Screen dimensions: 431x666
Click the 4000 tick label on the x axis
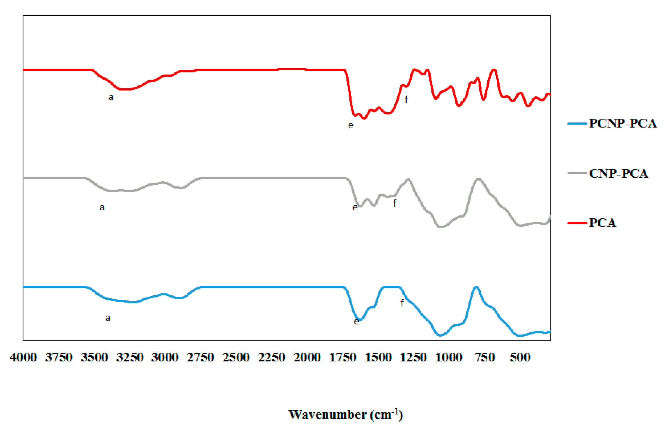[x=23, y=357]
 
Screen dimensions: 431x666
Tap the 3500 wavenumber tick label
[x=94, y=357]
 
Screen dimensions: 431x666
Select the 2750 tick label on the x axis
[x=200, y=357]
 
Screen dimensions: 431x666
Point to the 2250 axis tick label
[x=271, y=357]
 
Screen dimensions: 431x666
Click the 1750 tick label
[x=343, y=357]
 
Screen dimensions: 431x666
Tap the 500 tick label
[x=520, y=357]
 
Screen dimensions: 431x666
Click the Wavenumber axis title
[x=346, y=414]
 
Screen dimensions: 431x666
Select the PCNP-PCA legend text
[x=623, y=124]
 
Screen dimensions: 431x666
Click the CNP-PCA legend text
[x=618, y=174]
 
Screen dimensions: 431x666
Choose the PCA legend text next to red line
[x=602, y=223]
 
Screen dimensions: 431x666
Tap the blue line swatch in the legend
[x=577, y=124]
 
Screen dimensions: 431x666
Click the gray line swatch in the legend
[x=577, y=173]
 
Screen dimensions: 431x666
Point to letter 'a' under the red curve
[x=111, y=97]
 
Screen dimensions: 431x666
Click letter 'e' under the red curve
[x=351, y=125]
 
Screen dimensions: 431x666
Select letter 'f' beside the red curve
[x=406, y=99]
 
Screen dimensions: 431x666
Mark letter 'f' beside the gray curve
[x=395, y=203]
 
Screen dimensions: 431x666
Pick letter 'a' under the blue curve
[x=108, y=318]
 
